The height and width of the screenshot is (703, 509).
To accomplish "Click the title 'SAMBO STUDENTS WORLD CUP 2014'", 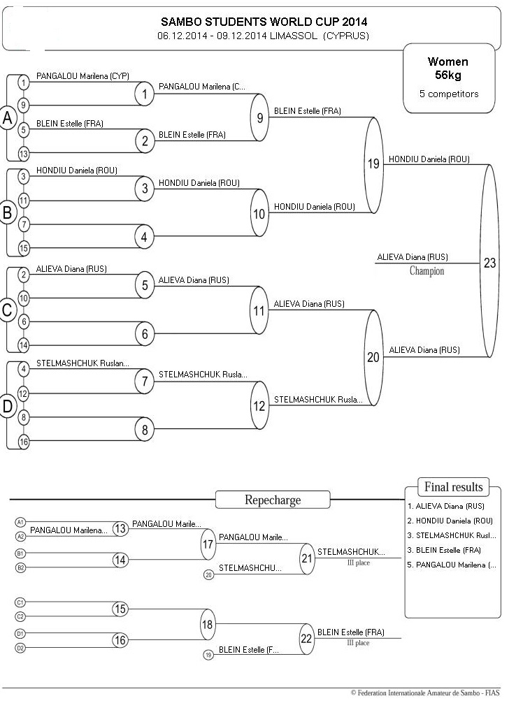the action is point(264,22).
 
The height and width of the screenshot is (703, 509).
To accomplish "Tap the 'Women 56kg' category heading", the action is point(447,68).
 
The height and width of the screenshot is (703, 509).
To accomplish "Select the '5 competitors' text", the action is point(449,94).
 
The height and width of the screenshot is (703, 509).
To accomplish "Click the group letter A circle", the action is point(8,118).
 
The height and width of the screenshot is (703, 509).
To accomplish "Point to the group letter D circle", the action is point(8,406).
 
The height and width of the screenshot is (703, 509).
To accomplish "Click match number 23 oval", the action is point(489,261).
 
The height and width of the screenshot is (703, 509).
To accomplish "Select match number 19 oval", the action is point(373,164).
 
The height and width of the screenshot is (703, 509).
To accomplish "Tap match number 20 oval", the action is point(373,357).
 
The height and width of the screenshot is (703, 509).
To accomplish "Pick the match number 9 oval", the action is point(259,118).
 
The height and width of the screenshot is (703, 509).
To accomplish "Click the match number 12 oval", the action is point(259,406).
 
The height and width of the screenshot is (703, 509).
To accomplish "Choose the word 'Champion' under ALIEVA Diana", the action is point(426,271).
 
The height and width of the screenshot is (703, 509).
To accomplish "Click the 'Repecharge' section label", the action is point(273,500).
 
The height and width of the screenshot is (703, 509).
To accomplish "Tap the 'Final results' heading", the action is point(453,487).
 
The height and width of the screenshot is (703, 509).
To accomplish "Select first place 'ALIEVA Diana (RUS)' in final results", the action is point(446,506).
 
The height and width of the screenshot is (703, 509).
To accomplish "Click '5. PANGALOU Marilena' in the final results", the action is point(452,565).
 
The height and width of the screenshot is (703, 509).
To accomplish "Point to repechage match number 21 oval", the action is point(307,558).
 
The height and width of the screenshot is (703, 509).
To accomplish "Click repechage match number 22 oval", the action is point(307,639).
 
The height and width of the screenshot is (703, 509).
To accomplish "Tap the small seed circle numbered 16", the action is point(23,442).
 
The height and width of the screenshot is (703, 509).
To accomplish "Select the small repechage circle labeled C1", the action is point(20,602).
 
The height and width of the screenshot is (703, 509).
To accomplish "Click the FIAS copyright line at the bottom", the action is point(425,693).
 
